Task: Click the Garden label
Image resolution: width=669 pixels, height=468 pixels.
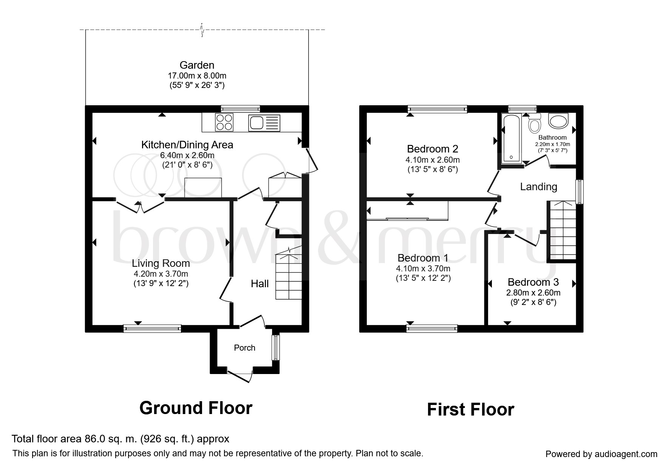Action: tap(197, 65)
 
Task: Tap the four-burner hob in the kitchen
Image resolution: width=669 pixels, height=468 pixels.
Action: tap(224, 122)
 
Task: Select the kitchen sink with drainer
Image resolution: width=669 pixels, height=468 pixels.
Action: tap(264, 123)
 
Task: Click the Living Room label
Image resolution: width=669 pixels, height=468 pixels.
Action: tap(161, 263)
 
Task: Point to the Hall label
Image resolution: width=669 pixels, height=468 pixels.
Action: tap(260, 284)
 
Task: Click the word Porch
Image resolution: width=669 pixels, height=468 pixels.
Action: tap(245, 348)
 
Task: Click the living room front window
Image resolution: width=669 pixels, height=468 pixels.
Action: tap(152, 328)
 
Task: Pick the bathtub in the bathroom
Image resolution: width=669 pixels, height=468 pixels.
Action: tap(511, 138)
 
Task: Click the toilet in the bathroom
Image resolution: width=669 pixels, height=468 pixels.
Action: tap(534, 123)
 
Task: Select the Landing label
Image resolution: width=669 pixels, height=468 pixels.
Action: tap(539, 186)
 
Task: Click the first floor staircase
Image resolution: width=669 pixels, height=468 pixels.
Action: tap(562, 231)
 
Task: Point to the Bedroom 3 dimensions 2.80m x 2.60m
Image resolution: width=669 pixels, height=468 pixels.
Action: tap(533, 292)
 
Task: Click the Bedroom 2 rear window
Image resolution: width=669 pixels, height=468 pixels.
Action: tap(437, 109)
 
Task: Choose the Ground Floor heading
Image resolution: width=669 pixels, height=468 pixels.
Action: tap(196, 408)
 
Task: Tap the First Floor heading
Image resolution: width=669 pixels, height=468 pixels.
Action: tap(471, 409)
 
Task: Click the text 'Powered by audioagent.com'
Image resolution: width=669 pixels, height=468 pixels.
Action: tap(601, 454)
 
